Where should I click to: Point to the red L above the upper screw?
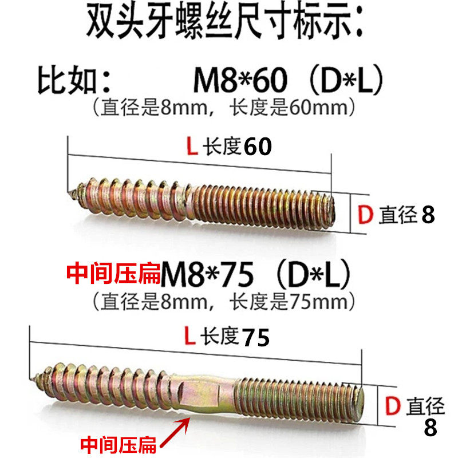click(192, 148)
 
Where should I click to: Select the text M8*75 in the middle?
click(207, 276)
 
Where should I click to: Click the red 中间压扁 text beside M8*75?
click(114, 275)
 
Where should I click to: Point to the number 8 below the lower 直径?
click(429, 427)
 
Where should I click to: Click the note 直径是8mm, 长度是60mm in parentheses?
click(224, 106)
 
